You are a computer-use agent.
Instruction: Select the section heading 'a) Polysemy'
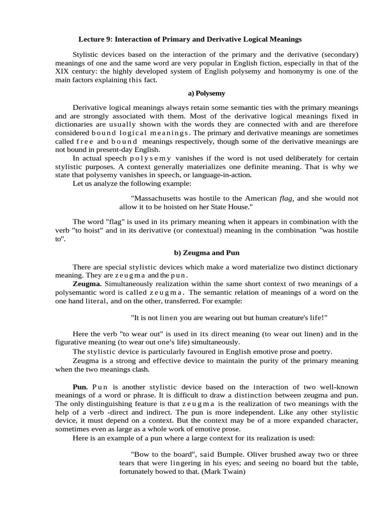pyautogui.click(x=207, y=93)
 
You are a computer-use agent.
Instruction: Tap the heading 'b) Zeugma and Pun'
pyautogui.click(x=207, y=252)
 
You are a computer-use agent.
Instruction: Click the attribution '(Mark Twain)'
pyautogui.click(x=224, y=472)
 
